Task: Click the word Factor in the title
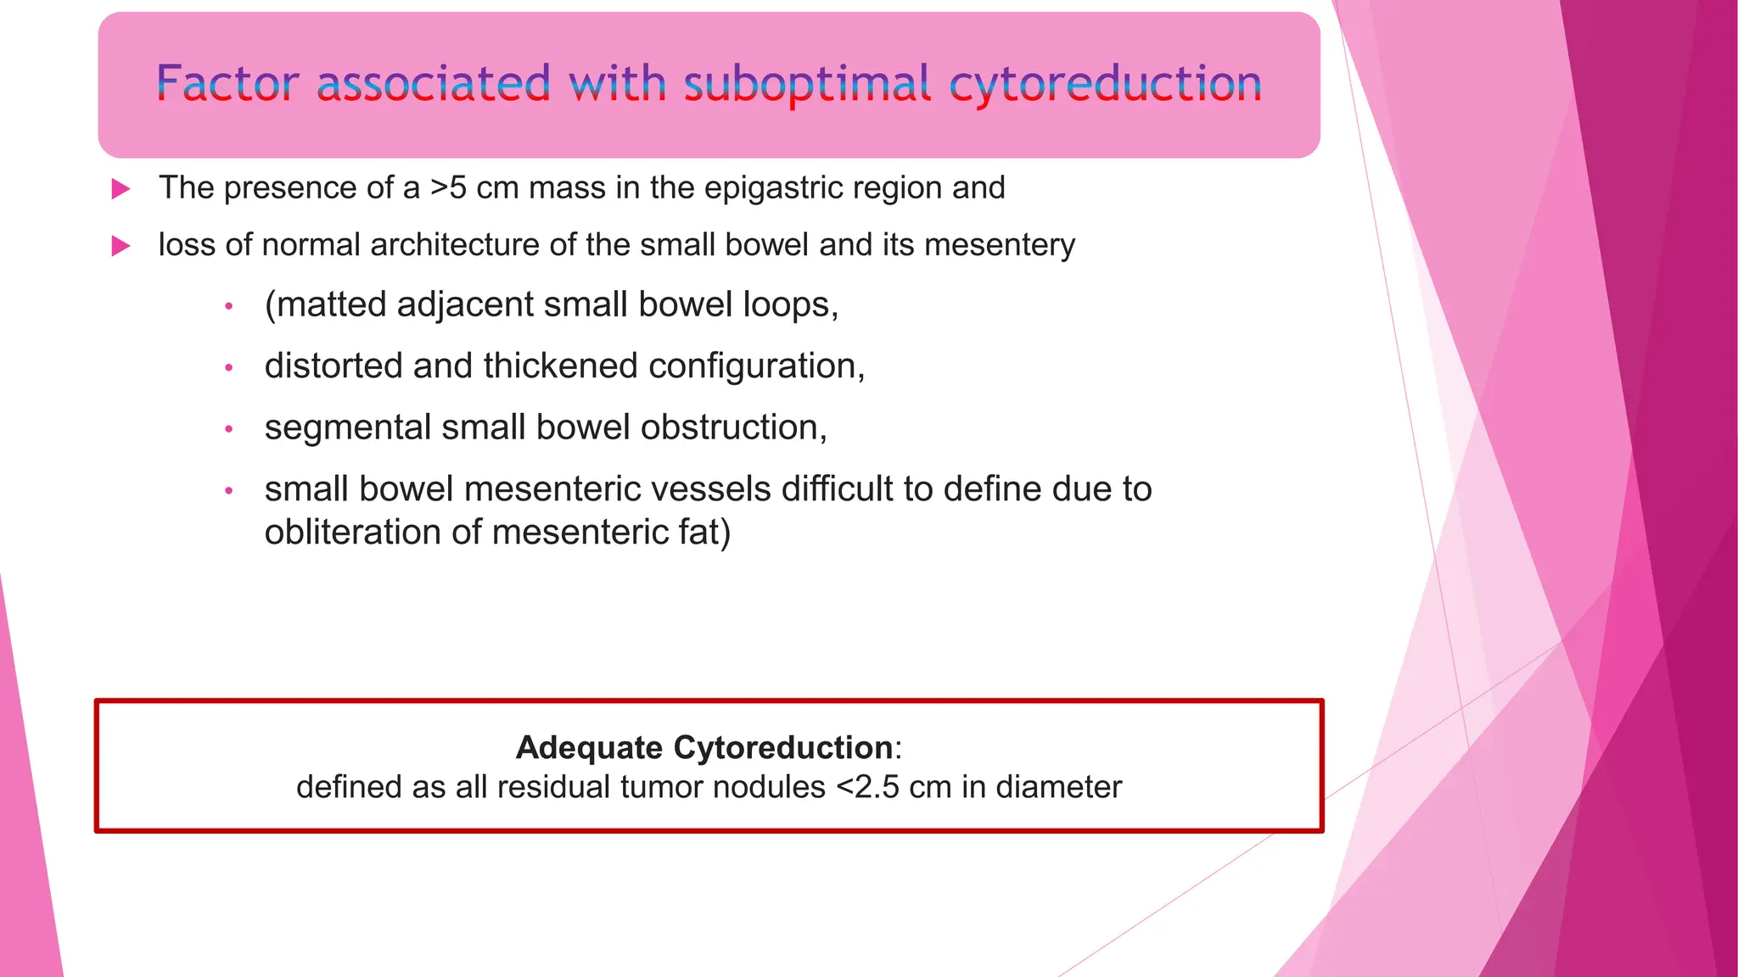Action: click(227, 84)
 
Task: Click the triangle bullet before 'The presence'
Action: click(121, 189)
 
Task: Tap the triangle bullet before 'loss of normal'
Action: click(121, 246)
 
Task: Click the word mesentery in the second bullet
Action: click(999, 245)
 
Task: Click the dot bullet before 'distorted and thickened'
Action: click(228, 367)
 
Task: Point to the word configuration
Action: click(755, 366)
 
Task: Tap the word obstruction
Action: click(733, 427)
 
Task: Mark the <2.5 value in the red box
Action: click(867, 787)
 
